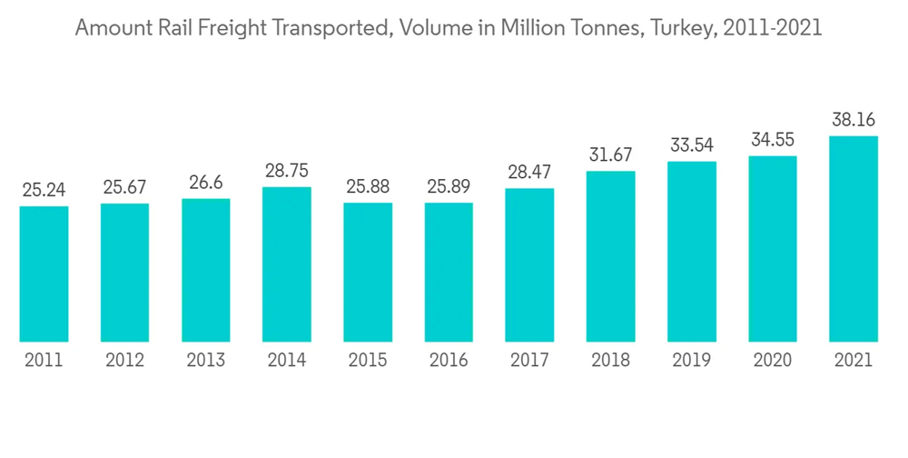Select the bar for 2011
point(44,274)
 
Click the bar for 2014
point(287,264)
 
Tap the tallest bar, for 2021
point(854,239)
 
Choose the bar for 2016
point(449,272)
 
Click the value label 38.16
point(854,119)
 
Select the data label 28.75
point(287,171)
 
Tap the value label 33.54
point(692,145)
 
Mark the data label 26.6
point(206,183)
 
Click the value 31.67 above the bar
point(611,154)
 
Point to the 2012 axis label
point(124,361)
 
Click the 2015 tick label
point(368,361)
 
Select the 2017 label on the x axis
point(529,361)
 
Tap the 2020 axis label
point(773,361)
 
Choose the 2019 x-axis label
point(692,361)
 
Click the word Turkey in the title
point(685,28)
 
